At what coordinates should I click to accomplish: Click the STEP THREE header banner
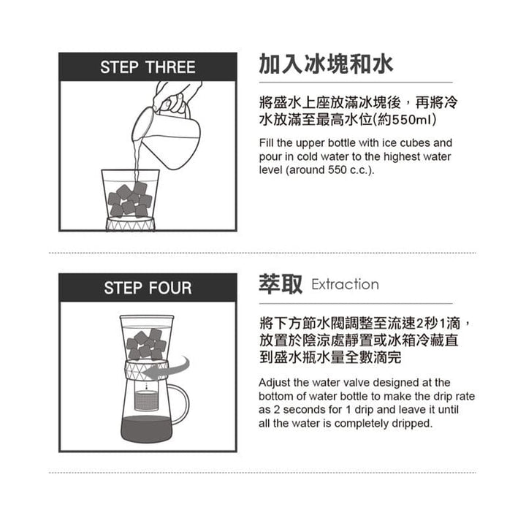coord(148,67)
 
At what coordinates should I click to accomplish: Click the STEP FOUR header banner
coord(148,287)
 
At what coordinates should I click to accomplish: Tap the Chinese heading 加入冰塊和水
coord(326,64)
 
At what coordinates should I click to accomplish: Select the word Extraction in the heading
coord(345,285)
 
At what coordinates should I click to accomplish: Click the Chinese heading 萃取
coord(281,284)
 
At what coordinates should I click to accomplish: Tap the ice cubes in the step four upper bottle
coord(146,344)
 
